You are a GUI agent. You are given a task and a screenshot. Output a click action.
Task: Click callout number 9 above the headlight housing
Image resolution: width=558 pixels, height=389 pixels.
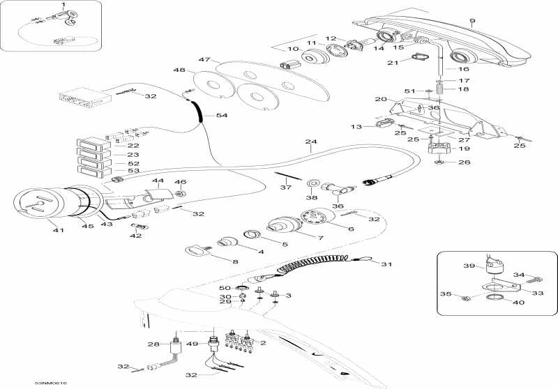pyautogui.click(x=472, y=21)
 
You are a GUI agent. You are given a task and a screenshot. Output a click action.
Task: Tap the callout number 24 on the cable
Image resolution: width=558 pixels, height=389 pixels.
pyautogui.click(x=310, y=143)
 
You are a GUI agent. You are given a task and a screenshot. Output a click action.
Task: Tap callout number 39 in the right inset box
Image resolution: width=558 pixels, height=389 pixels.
pyautogui.click(x=469, y=266)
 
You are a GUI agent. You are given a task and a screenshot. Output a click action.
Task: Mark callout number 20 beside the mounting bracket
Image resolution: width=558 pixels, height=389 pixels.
pyautogui.click(x=379, y=100)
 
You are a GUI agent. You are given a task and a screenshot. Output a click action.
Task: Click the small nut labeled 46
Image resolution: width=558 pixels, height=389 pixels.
pyautogui.click(x=180, y=193)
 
